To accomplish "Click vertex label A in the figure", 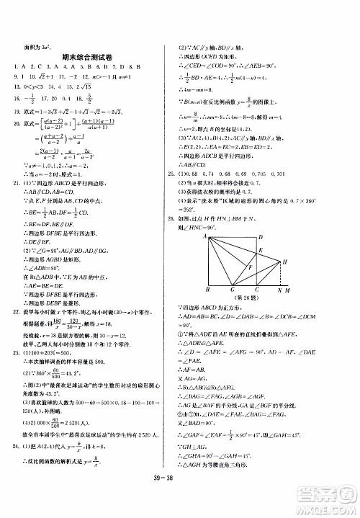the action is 204,235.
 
